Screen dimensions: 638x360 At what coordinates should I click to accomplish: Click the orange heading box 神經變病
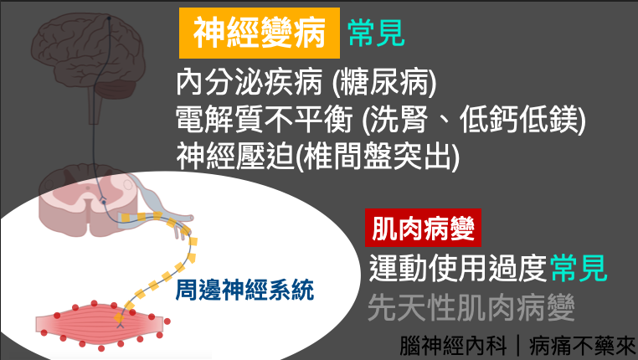tap(260, 33)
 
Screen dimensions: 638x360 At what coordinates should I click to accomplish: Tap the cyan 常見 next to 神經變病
tap(376, 33)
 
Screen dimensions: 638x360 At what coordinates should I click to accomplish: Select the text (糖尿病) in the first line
tap(384, 83)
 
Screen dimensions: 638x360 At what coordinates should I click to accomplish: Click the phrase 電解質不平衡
tap(265, 120)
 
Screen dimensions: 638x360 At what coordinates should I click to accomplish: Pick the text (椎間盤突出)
tap(377, 157)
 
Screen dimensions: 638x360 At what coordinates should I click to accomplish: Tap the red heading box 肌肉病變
tap(423, 228)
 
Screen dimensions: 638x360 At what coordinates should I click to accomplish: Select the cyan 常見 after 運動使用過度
tap(579, 268)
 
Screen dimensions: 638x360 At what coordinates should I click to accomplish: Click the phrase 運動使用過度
tap(458, 268)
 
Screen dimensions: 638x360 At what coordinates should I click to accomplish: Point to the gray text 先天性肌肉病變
tap(471, 307)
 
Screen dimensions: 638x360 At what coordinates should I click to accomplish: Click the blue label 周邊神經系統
tap(244, 289)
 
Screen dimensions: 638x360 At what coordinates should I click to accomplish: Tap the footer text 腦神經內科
tap(453, 346)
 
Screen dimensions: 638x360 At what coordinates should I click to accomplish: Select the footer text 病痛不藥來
tap(582, 346)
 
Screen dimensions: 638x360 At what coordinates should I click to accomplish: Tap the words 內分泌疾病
tap(249, 83)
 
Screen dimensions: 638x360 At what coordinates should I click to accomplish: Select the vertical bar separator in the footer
tap(518, 346)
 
